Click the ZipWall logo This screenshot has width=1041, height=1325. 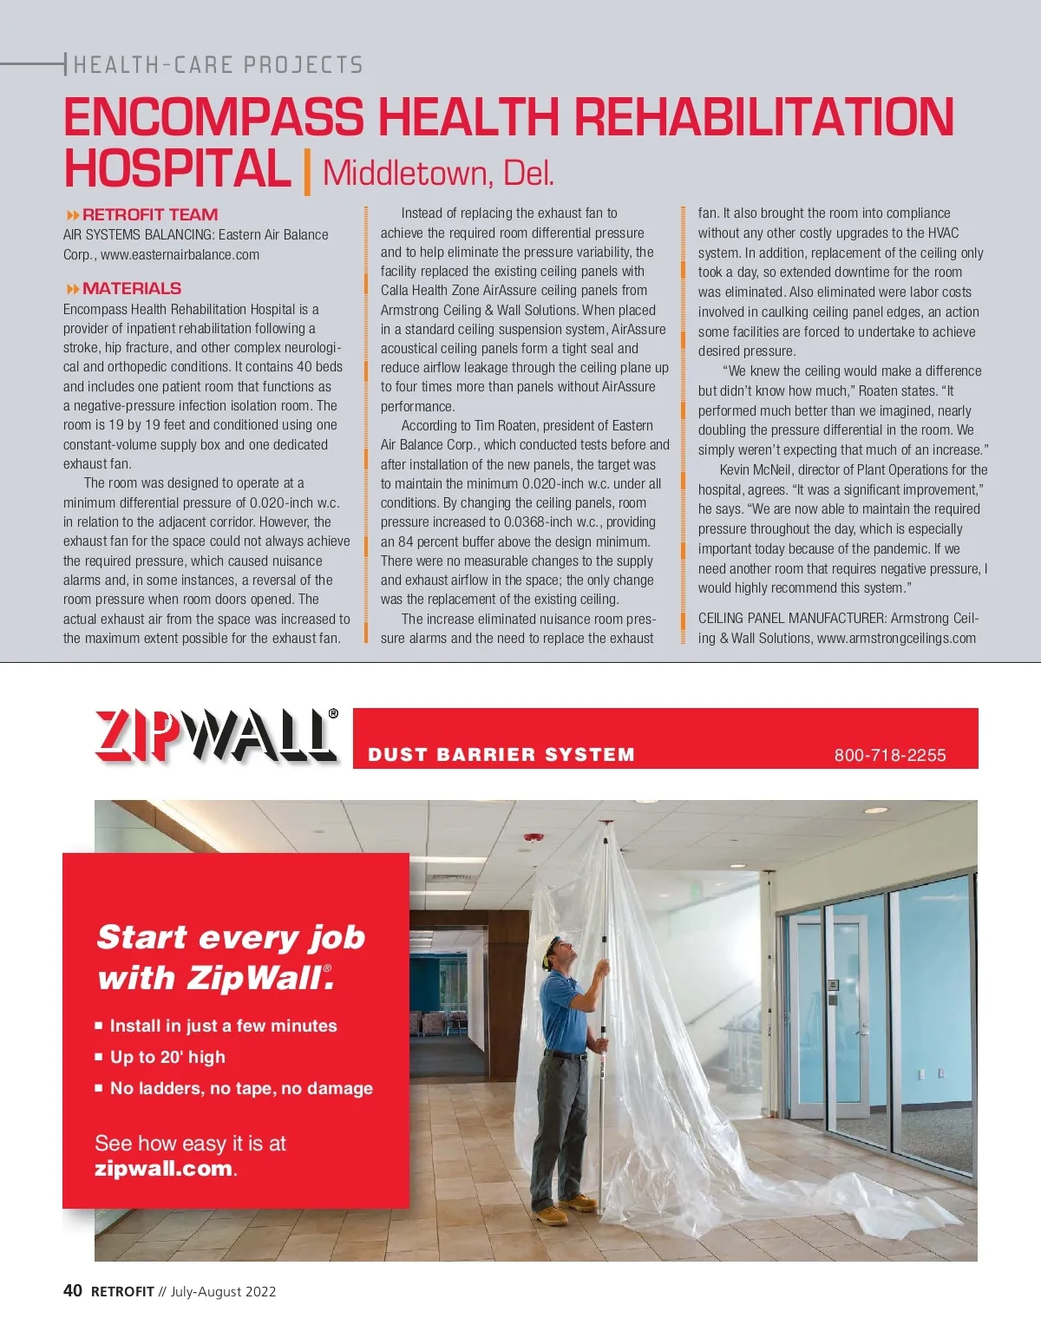215,737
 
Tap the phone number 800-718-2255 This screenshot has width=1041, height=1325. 890,755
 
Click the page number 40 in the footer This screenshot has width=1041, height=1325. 73,1290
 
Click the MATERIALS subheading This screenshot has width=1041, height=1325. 131,288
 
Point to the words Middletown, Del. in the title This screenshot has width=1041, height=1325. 438,174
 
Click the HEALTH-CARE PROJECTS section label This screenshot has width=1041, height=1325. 218,65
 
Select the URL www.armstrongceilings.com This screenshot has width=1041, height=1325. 896,639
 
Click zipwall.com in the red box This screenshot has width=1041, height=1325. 163,1168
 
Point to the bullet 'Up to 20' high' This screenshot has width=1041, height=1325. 167,1057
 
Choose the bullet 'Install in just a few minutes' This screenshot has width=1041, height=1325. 223,1026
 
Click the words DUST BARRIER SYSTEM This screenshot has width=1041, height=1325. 501,755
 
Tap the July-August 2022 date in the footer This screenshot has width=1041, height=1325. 223,1291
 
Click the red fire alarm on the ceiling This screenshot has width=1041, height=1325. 533,838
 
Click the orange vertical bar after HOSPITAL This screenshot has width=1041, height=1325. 307,171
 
